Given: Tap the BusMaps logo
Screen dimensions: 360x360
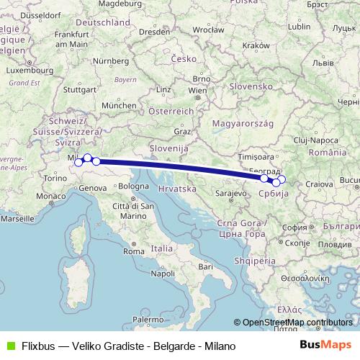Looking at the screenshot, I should tap(325, 346).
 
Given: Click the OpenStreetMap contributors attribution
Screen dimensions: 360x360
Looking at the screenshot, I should tap(297, 322).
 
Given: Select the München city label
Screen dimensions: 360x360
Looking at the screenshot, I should tap(120, 104).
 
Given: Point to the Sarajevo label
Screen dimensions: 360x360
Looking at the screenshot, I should tap(230, 194).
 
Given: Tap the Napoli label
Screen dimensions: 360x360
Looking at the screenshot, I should tap(163, 274).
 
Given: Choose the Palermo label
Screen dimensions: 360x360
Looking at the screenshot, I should tap(148, 318).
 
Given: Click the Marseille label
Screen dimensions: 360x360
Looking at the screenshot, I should tap(19, 217).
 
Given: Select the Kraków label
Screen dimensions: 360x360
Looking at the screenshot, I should tap(256, 45).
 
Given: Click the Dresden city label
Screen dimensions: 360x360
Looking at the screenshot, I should tap(155, 32).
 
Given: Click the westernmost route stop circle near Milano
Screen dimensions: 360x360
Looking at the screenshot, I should tap(78, 162).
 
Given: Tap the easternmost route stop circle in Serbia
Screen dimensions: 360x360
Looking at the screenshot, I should tap(282, 179).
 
